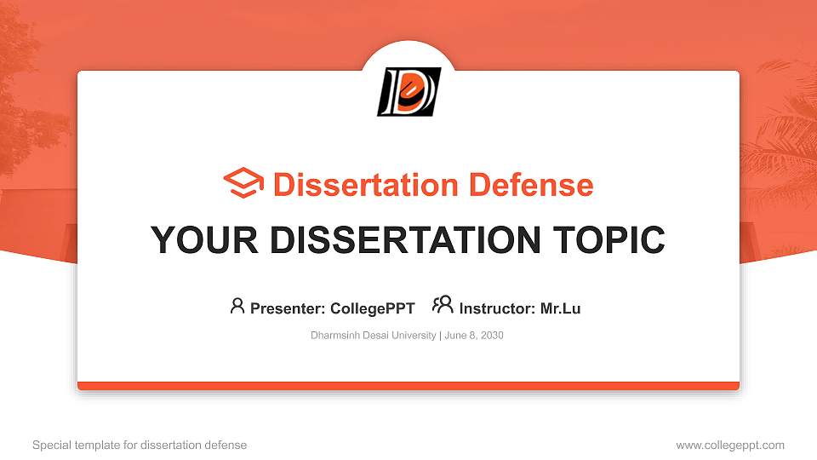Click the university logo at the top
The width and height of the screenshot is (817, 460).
click(x=409, y=91)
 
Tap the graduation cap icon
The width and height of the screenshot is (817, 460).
click(x=243, y=183)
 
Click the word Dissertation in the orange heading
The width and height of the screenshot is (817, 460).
click(x=366, y=185)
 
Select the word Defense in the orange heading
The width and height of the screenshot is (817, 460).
click(x=531, y=185)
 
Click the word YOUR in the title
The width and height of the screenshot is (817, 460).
click(x=204, y=240)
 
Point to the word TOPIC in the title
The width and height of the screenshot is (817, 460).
click(x=608, y=240)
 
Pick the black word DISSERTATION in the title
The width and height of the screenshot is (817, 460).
click(x=405, y=240)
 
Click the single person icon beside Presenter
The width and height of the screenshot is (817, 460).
click(x=237, y=306)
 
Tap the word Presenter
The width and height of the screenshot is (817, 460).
click(x=288, y=308)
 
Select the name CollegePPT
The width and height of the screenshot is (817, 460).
click(x=373, y=308)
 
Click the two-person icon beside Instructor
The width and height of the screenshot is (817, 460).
click(x=443, y=305)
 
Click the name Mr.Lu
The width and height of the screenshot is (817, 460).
click(x=560, y=308)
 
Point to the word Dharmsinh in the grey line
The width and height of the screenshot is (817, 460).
click(x=335, y=336)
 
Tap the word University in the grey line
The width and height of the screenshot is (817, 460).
click(x=414, y=336)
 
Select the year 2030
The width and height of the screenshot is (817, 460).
click(x=492, y=336)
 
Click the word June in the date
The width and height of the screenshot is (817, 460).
click(x=454, y=336)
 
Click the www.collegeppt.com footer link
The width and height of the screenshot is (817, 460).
click(x=730, y=446)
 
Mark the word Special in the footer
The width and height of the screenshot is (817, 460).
click(x=52, y=446)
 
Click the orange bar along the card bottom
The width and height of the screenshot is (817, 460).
click(x=408, y=386)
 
